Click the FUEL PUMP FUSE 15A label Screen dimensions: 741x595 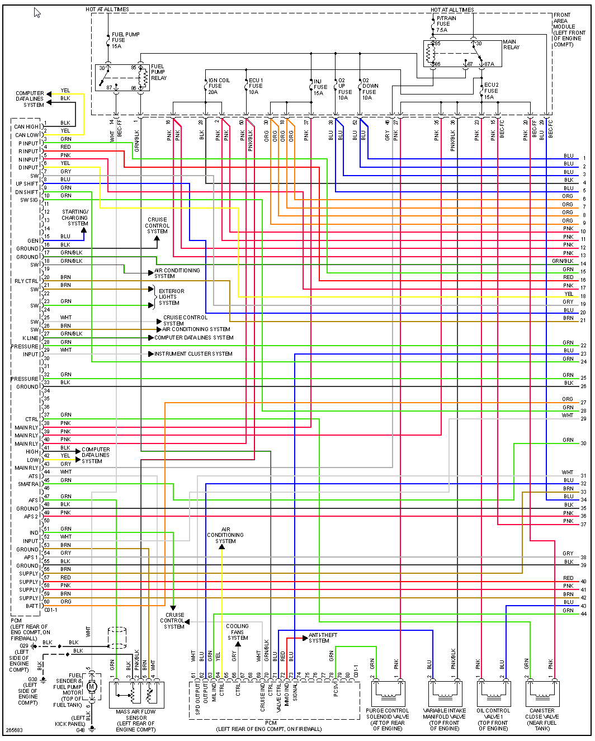point(125,40)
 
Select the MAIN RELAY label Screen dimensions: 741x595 point(511,45)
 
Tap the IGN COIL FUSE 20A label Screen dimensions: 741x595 point(219,86)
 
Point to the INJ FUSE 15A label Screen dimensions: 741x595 point(320,87)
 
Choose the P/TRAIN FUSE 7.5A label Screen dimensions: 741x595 point(446,24)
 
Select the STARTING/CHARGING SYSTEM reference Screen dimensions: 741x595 point(75,218)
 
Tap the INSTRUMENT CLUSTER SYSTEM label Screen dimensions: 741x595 point(193,354)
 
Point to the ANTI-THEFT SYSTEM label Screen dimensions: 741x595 point(323,638)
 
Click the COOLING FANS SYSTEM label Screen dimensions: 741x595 point(237,632)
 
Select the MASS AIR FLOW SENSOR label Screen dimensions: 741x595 point(136,718)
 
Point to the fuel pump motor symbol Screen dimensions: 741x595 point(92,687)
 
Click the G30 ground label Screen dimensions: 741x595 point(33,679)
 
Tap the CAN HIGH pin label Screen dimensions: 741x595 point(26,127)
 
